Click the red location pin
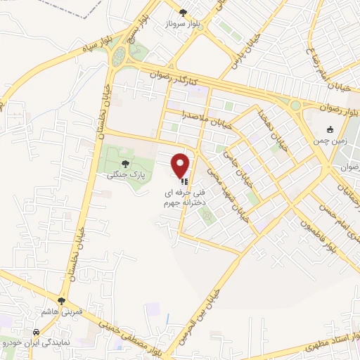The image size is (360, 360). tap(181, 165)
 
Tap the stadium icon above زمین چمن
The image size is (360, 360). tap(330, 129)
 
